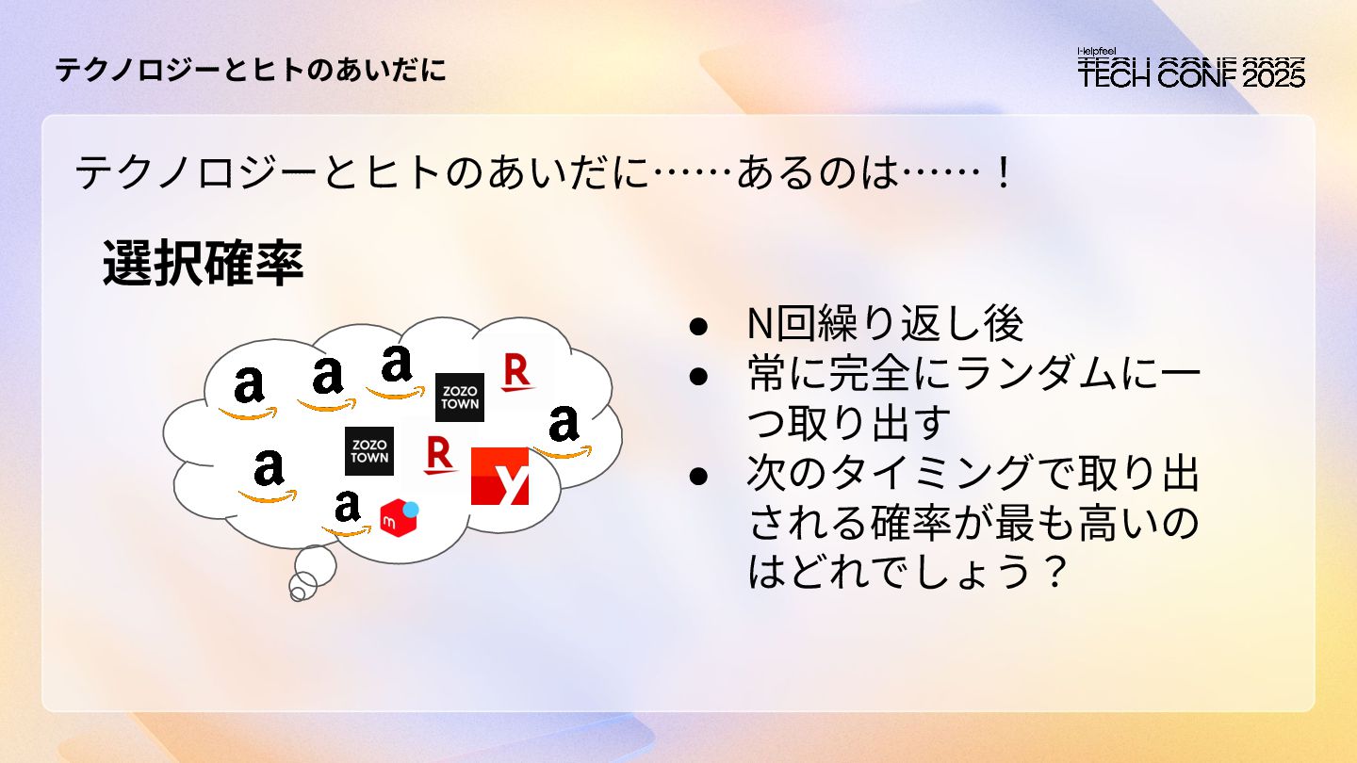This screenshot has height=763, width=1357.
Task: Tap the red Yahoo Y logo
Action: [499, 477]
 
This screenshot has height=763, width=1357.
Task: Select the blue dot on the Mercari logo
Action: [410, 510]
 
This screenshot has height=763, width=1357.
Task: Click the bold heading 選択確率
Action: [204, 265]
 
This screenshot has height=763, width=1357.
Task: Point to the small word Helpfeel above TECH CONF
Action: [1097, 52]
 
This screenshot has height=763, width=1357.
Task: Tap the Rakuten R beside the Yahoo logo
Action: [438, 455]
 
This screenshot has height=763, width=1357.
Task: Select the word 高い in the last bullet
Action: [1113, 524]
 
